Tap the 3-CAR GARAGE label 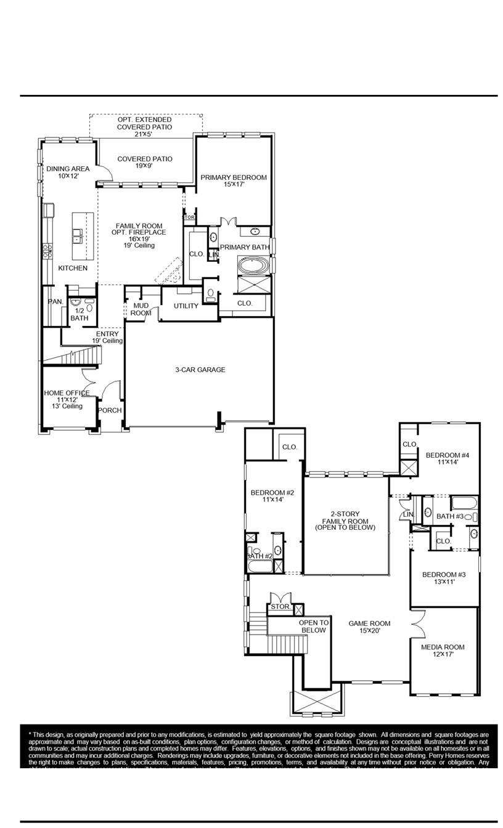(200, 370)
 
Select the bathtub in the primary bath (253, 267)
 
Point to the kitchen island (83, 236)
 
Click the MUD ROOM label (141, 309)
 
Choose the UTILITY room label (186, 306)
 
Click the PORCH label (110, 411)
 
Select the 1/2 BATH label (79, 315)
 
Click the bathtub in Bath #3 (464, 501)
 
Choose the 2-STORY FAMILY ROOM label (345, 521)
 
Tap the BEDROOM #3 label (443, 578)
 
